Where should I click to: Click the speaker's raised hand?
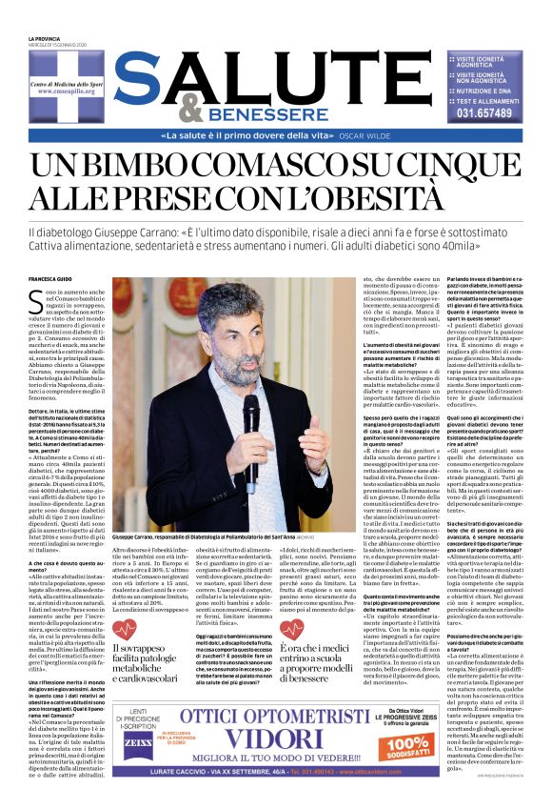coord(321,455)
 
